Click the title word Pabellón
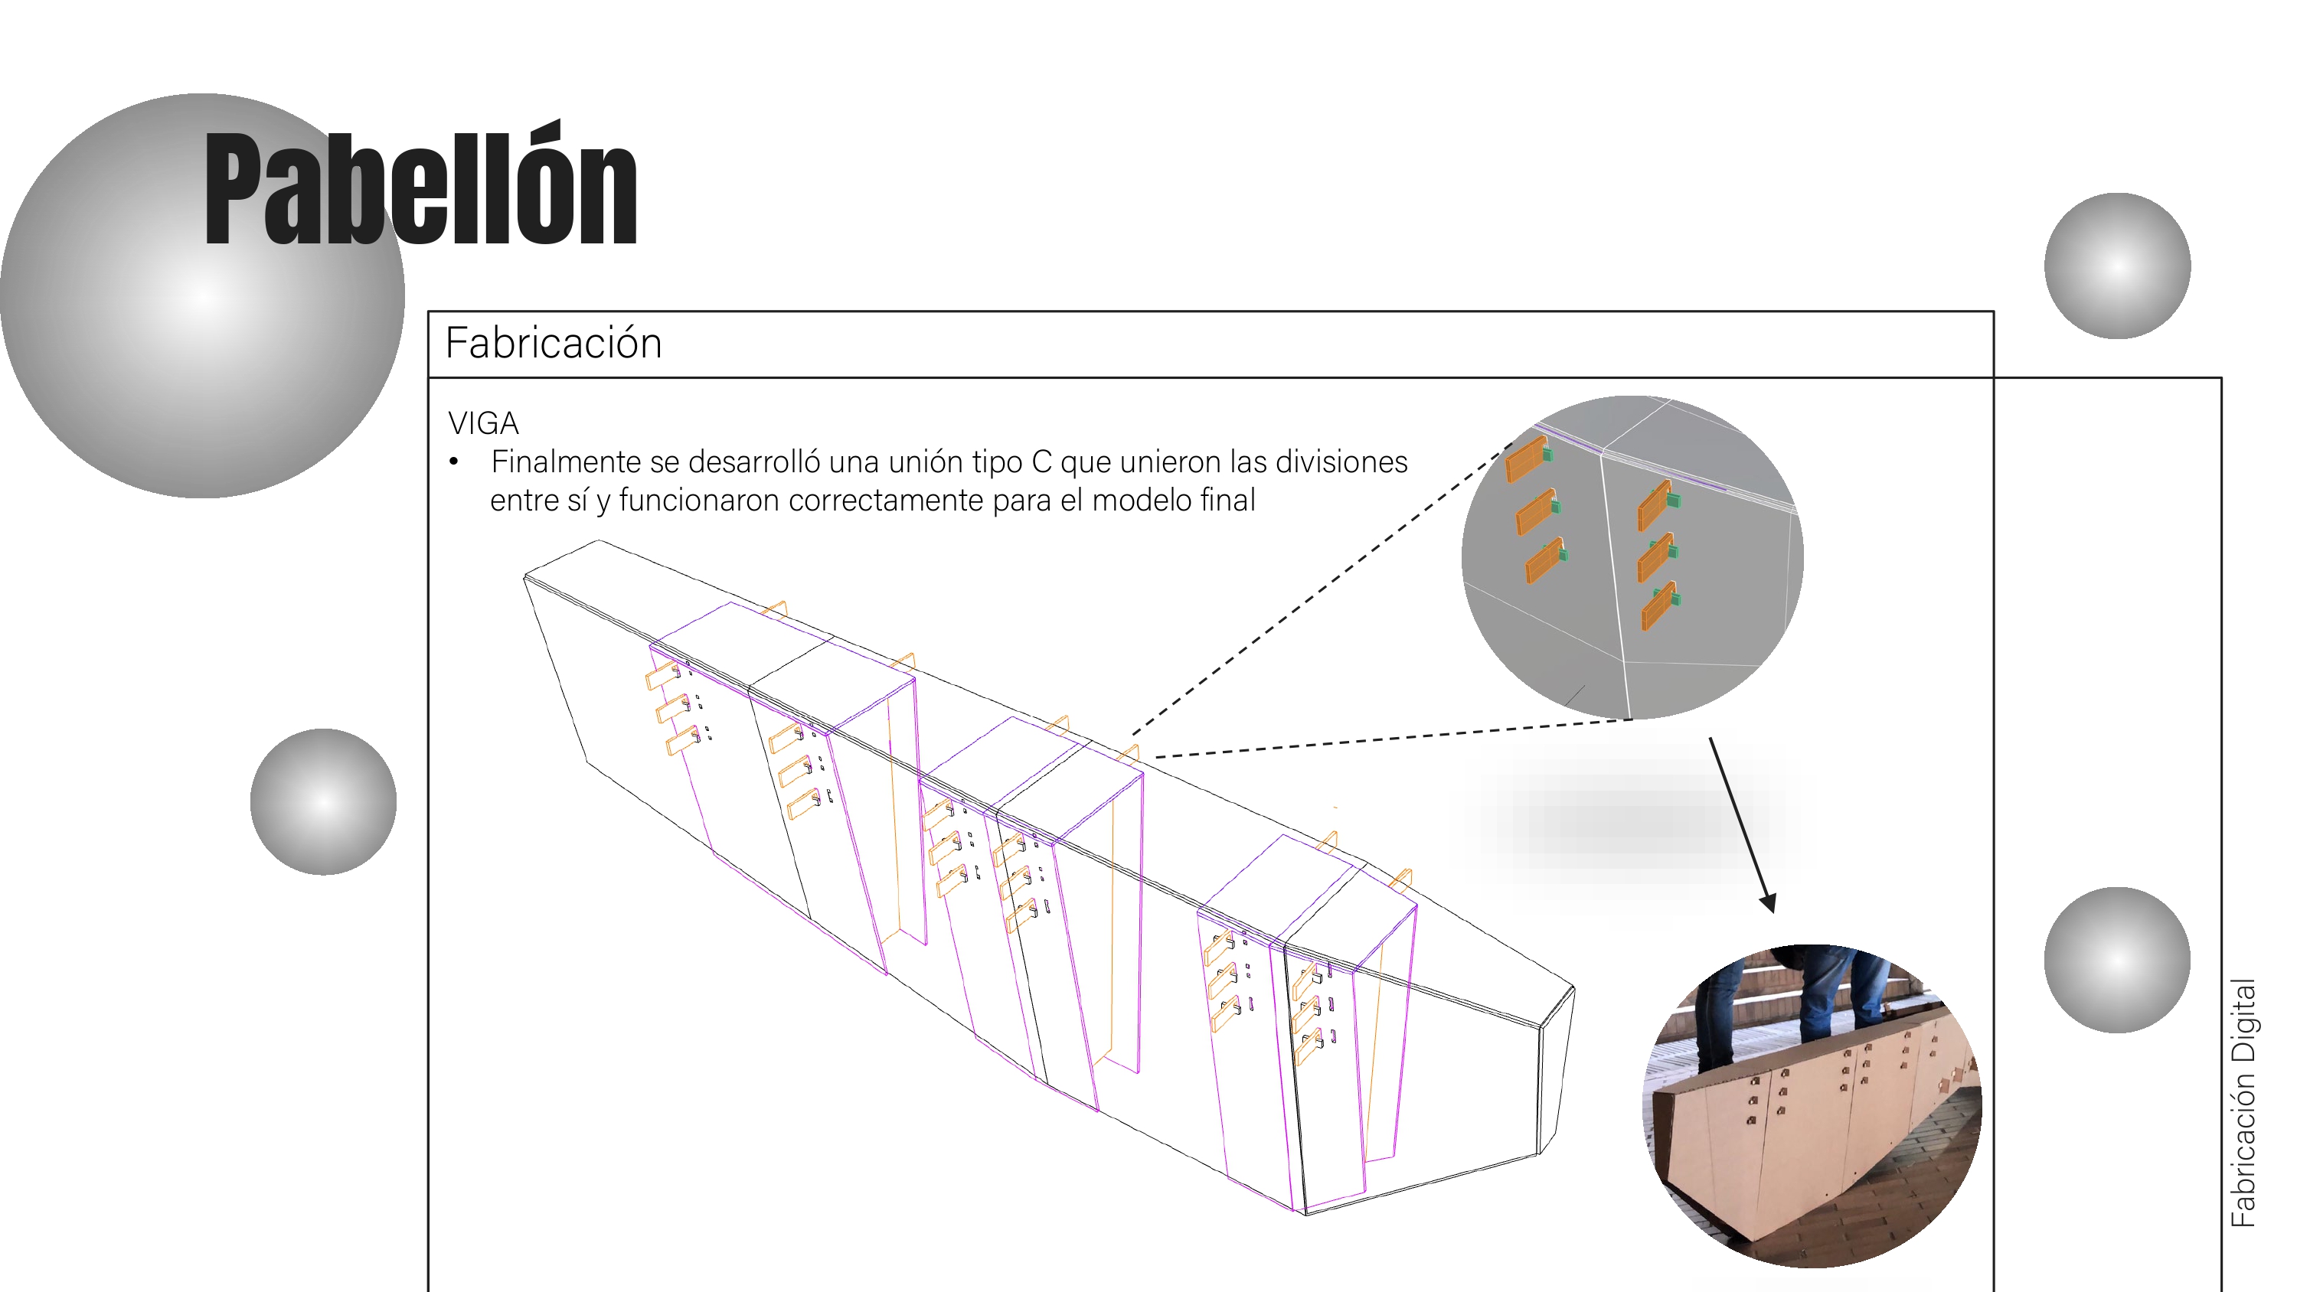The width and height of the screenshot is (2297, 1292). (420, 185)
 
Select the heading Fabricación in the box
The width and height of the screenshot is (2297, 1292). (553, 344)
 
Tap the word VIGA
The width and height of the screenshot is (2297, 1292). (482, 423)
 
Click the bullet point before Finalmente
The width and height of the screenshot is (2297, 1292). (454, 462)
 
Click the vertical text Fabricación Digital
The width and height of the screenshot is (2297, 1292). (2243, 1103)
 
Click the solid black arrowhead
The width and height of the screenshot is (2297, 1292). (1768, 902)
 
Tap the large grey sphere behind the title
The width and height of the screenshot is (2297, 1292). (201, 296)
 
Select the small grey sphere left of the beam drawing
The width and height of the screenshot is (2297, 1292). (324, 801)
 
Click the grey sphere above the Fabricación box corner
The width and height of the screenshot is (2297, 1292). (2117, 266)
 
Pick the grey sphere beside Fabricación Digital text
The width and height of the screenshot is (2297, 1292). (2117, 961)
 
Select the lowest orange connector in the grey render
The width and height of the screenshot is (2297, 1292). (1659, 607)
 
